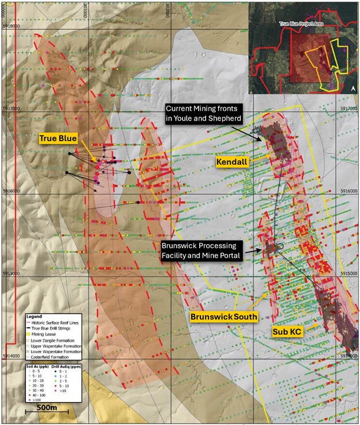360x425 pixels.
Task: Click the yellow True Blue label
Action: pos(59,139)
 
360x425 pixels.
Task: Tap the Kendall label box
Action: pos(232,163)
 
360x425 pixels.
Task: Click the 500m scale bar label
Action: pos(48,407)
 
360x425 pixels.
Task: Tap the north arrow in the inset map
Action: pos(353,88)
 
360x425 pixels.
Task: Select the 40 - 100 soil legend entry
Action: pos(39,395)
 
